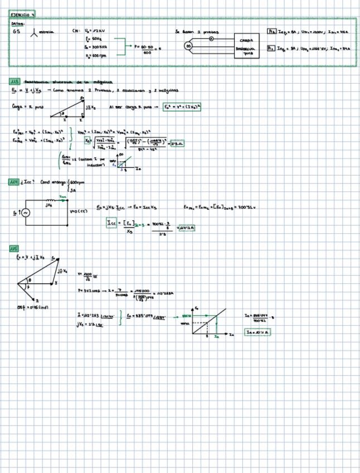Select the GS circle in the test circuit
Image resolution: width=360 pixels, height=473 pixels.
(188, 45)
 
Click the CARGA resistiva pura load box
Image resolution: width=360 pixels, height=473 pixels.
(246, 47)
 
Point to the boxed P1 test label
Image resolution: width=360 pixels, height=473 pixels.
(271, 32)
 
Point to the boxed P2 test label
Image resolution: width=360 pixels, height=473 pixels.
(271, 49)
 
